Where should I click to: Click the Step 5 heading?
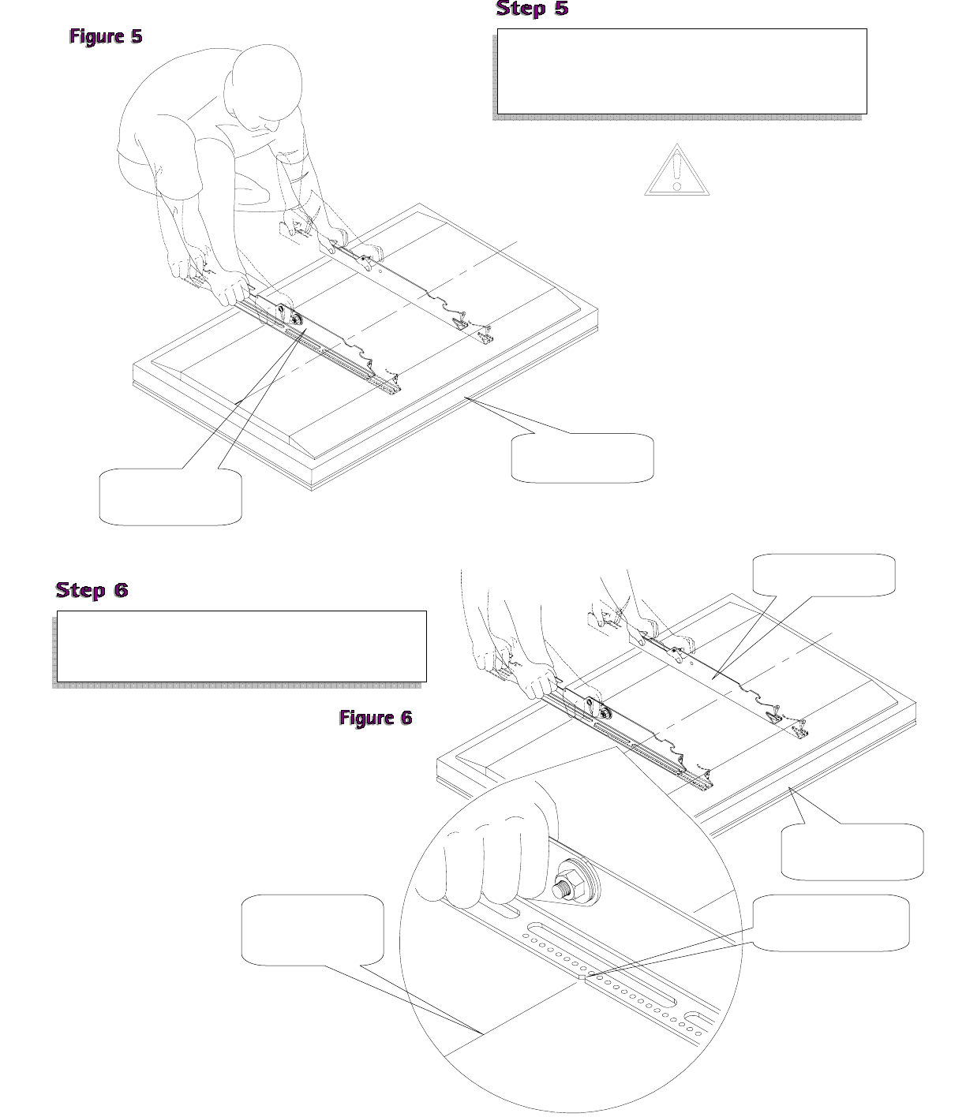click(x=531, y=9)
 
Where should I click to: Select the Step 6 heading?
click(x=92, y=590)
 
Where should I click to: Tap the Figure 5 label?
click(x=106, y=36)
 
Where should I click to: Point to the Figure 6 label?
click(x=376, y=717)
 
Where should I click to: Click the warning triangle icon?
click(x=676, y=171)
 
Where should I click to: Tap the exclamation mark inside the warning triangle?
click(x=676, y=173)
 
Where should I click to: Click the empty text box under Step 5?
click(x=682, y=71)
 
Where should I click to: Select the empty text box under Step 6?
click(x=241, y=645)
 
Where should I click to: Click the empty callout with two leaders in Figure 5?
click(x=170, y=496)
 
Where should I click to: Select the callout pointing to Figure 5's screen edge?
click(x=582, y=458)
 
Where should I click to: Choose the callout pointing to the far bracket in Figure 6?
click(x=824, y=574)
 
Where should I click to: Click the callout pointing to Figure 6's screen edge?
click(x=852, y=852)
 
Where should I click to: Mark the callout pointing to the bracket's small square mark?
click(x=830, y=921)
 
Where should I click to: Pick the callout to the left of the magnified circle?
click(x=313, y=929)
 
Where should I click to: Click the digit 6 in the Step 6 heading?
click(x=118, y=590)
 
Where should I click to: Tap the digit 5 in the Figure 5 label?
click(x=136, y=36)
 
